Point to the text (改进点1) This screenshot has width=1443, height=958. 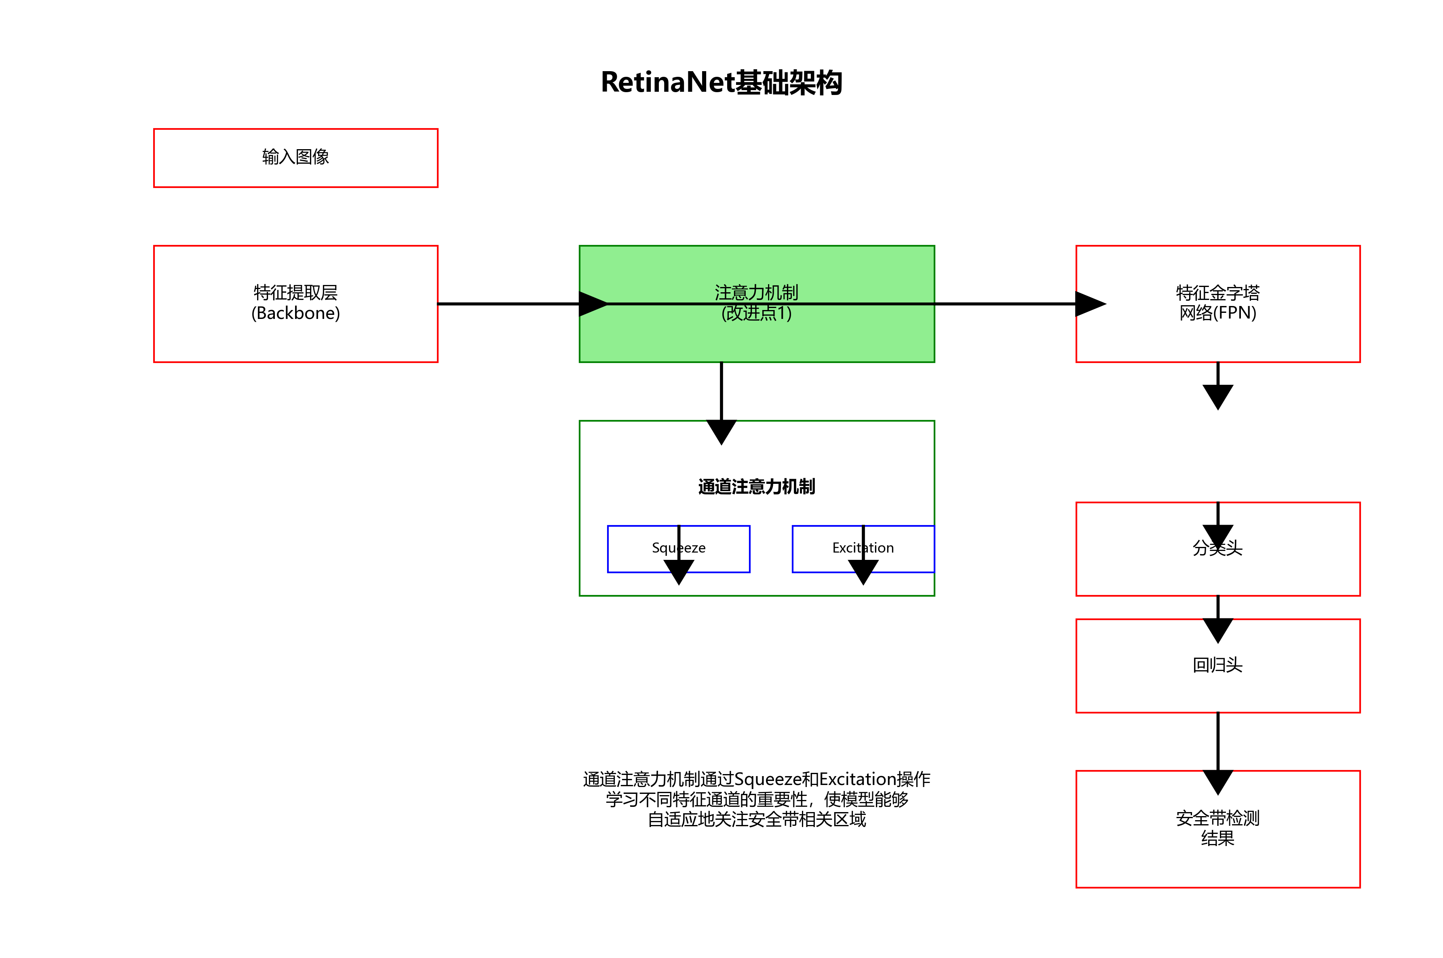point(756,313)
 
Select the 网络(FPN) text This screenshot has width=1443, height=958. point(1217,313)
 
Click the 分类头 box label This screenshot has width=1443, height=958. point(1217,548)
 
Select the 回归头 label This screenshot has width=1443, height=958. point(1217,665)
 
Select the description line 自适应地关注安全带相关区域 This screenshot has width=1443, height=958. point(756,819)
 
